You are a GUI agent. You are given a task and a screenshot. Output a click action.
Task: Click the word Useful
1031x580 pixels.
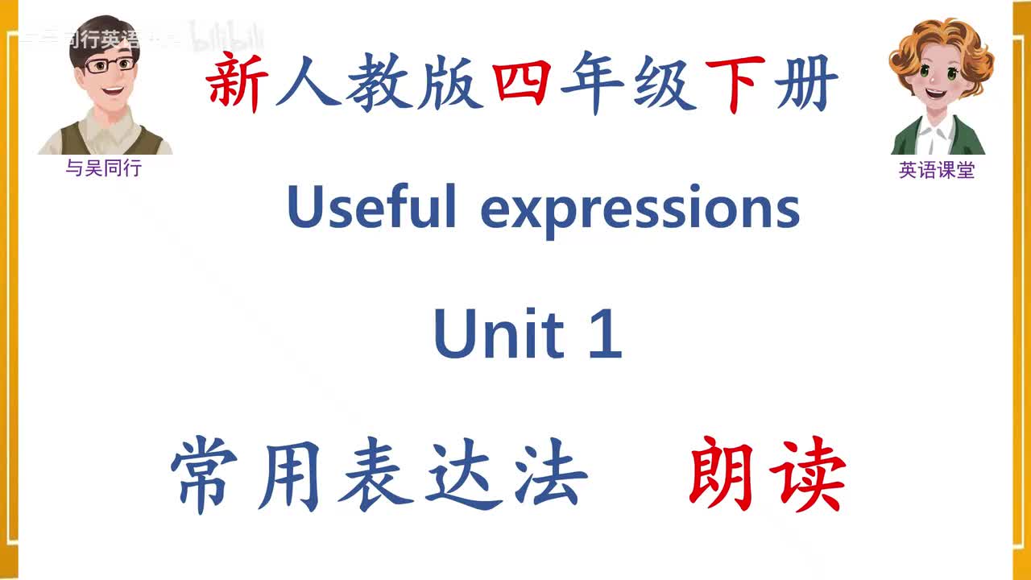pos(371,207)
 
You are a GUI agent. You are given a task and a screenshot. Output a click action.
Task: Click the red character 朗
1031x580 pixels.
pos(721,475)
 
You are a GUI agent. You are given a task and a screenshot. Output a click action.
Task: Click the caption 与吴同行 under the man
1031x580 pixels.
pos(103,169)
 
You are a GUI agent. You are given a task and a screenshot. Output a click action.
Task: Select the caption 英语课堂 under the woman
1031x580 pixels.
pos(937,171)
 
